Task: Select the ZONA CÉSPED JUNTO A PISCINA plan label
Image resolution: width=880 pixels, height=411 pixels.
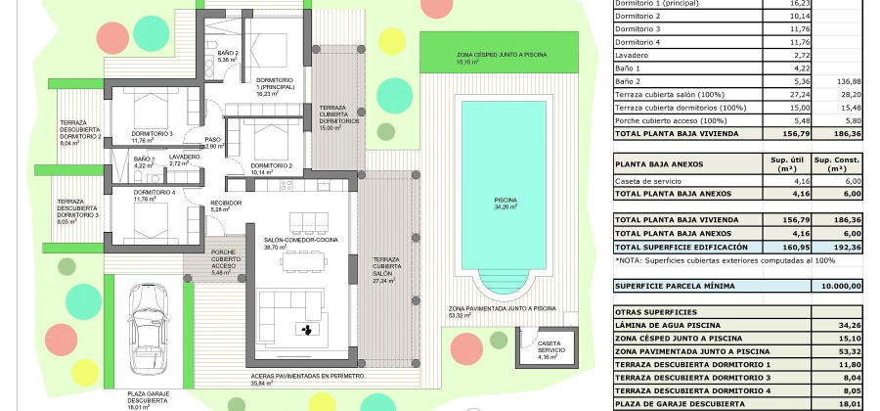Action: pos(502,58)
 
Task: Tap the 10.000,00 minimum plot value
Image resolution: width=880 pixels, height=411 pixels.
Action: pos(840,286)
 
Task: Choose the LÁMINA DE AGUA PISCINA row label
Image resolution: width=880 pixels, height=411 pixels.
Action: pos(666,325)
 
